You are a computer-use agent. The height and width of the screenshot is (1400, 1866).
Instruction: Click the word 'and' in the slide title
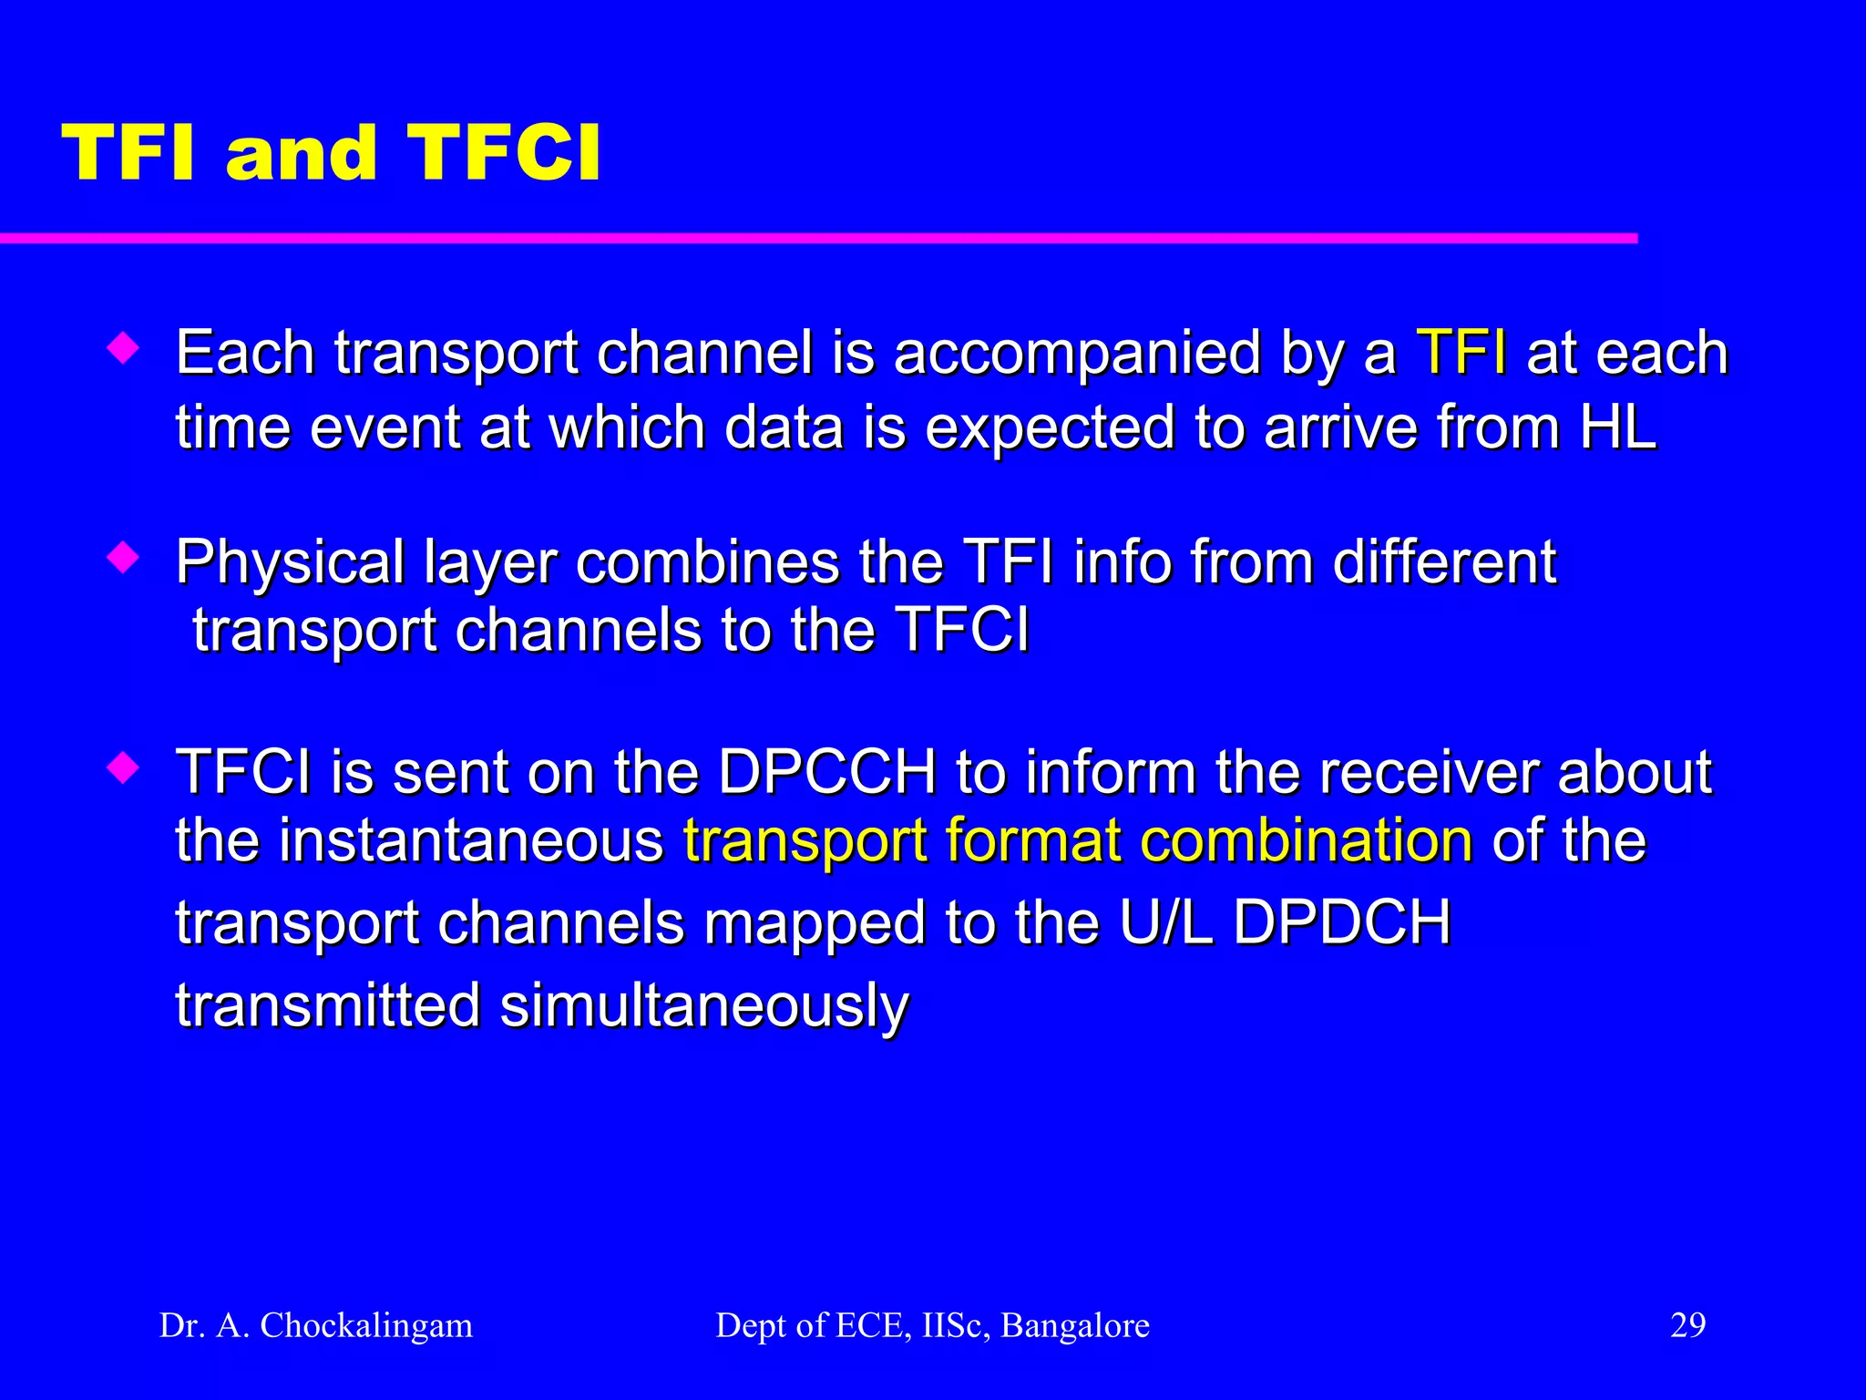pyautogui.click(x=301, y=153)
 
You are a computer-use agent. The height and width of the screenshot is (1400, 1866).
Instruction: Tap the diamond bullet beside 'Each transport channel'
pyautogui.click(x=123, y=348)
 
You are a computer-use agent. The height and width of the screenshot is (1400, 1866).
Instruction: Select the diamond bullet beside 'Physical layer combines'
pyautogui.click(x=123, y=557)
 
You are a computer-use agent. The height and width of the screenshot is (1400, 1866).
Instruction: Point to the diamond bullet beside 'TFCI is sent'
pyautogui.click(x=123, y=767)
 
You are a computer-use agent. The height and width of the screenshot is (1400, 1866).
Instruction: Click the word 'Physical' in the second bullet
pyautogui.click(x=290, y=563)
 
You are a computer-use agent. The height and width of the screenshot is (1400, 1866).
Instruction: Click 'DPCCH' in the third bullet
pyautogui.click(x=826, y=772)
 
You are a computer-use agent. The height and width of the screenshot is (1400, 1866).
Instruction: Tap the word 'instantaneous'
pyautogui.click(x=471, y=840)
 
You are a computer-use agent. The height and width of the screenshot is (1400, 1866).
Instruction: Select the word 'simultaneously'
pyautogui.click(x=704, y=1006)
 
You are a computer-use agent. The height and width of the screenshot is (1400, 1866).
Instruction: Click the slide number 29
pyautogui.click(x=1687, y=1325)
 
